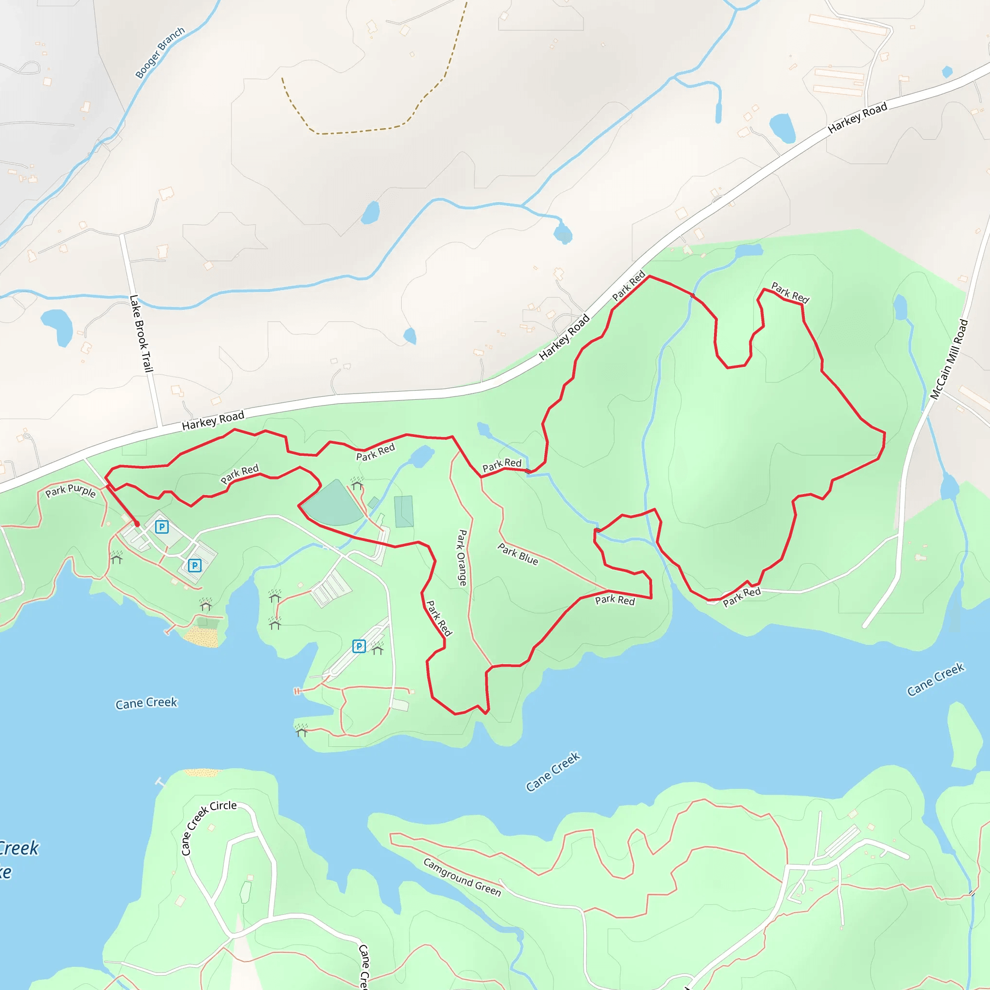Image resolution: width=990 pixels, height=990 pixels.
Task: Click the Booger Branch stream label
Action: click(x=160, y=53)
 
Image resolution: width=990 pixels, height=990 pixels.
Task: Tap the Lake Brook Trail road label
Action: click(x=141, y=333)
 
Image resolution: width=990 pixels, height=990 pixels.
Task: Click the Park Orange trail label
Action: click(x=462, y=557)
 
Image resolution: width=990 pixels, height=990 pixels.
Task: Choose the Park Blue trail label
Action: click(x=518, y=554)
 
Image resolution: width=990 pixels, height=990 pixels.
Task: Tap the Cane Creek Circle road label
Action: click(x=208, y=827)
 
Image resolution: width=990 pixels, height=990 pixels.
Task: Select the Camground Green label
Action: click(x=462, y=877)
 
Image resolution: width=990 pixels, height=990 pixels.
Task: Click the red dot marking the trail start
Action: click(x=137, y=524)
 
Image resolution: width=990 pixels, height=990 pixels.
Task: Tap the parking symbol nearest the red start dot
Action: click(x=162, y=527)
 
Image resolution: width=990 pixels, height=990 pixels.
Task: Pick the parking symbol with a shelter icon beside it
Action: click(x=359, y=646)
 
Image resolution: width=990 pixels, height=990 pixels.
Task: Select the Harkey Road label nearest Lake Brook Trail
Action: click(x=213, y=420)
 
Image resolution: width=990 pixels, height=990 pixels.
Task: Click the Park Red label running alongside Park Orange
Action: click(x=439, y=618)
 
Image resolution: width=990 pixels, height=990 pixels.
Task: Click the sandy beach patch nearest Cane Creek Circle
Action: click(x=203, y=772)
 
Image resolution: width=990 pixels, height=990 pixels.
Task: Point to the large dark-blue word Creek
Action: click(x=19, y=848)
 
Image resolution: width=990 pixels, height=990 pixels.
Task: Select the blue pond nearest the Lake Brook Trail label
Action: click(x=58, y=326)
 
